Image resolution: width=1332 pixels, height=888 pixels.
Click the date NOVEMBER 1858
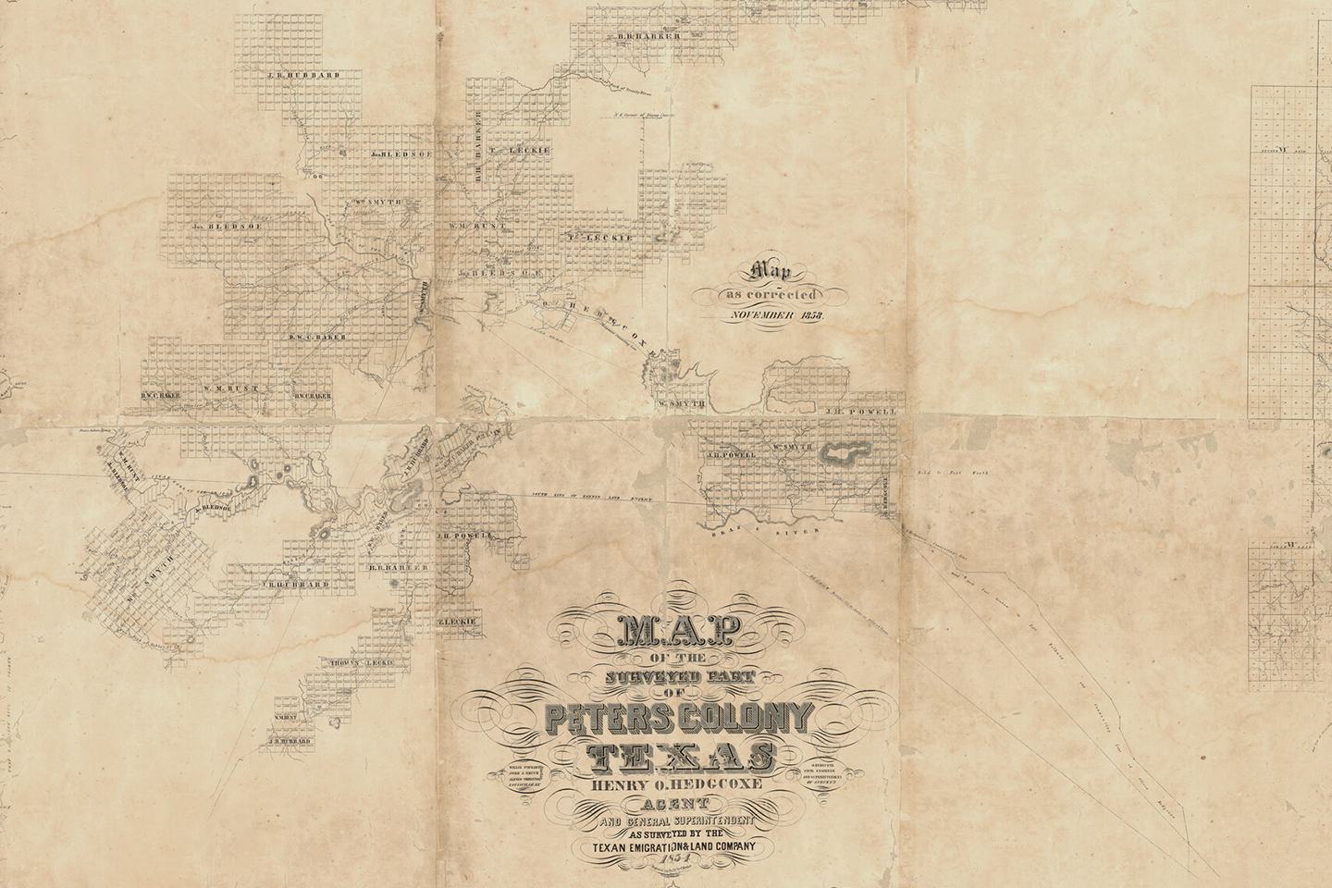click(776, 315)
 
